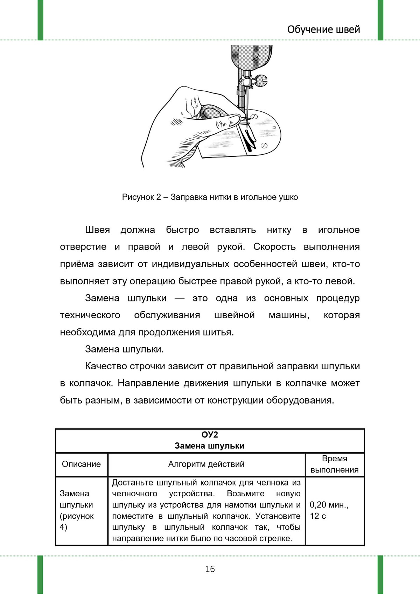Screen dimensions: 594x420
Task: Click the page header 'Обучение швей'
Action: [323, 29]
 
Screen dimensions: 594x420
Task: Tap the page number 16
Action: [210, 569]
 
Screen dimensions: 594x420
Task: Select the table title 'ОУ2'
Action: [210, 435]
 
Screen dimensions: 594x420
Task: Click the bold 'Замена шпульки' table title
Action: [210, 446]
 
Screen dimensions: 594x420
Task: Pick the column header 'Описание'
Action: [81, 464]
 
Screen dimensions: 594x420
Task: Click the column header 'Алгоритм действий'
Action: [206, 464]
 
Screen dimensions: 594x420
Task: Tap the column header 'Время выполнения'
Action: [335, 464]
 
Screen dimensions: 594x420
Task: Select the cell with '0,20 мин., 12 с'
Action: [329, 510]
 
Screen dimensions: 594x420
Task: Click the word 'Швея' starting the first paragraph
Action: [97, 230]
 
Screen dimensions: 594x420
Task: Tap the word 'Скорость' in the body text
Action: [274, 247]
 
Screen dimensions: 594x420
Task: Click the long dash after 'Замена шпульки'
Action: [179, 299]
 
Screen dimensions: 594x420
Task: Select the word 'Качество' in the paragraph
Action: [106, 366]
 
